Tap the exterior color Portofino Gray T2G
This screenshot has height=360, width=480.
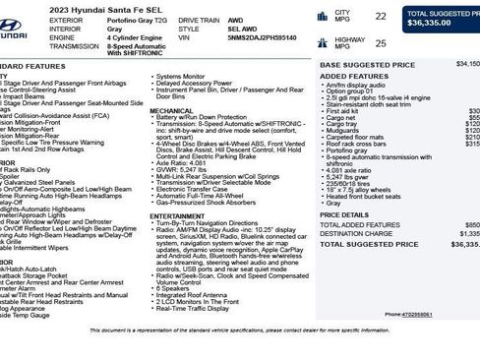coord(123,19)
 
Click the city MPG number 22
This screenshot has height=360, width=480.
coord(380,17)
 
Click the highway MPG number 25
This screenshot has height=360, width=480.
coord(380,43)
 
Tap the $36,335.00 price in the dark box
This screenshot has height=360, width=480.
coord(429,22)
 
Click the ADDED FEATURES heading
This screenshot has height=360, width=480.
coord(347,76)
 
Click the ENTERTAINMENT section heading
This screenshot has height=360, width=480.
coord(177,215)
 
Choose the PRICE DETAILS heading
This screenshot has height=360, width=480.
coord(344,214)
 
